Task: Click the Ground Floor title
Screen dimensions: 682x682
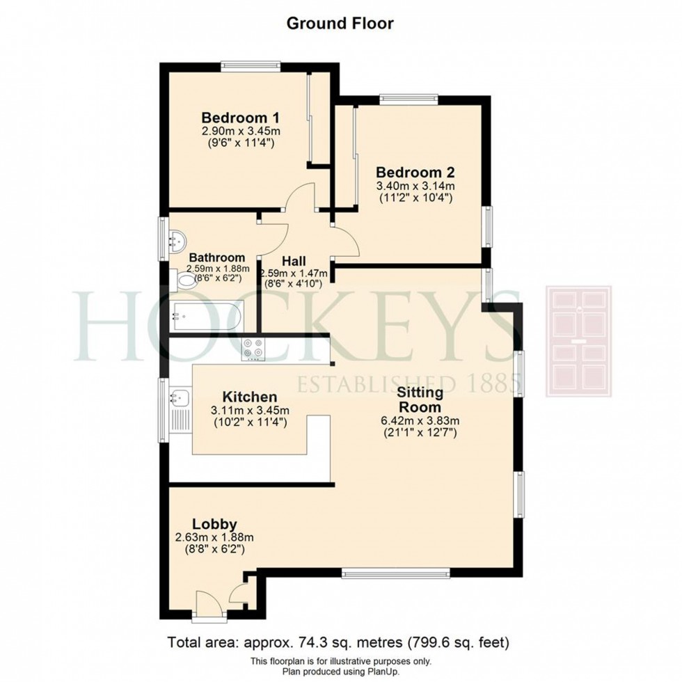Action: [x=340, y=23]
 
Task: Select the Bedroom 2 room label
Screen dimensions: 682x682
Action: [x=415, y=171]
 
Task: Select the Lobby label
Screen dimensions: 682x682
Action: [x=215, y=524]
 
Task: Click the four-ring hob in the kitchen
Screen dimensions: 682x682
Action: [x=254, y=349]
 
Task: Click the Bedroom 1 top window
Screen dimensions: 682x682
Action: [x=251, y=67]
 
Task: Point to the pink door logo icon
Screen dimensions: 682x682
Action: [x=578, y=341]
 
